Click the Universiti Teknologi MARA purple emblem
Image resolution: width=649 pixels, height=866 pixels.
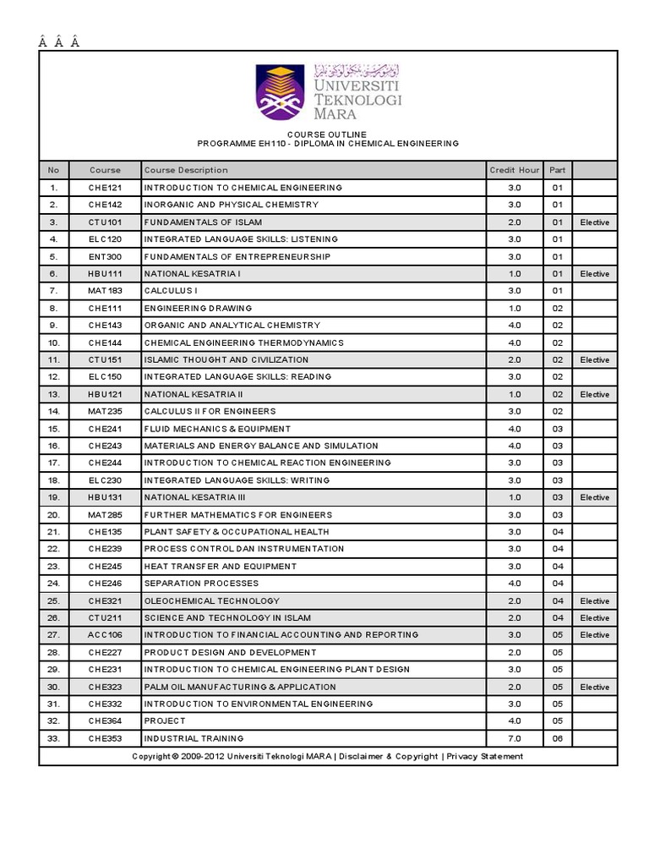tap(281, 92)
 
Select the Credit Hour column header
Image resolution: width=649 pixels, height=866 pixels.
tap(514, 170)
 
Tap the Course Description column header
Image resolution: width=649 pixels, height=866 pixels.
tap(186, 170)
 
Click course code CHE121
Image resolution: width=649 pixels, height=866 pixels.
tap(106, 188)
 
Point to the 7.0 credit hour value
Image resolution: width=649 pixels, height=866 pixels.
tap(514, 738)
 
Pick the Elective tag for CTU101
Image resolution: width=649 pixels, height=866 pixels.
tap(594, 222)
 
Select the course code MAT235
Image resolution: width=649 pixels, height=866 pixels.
tap(106, 411)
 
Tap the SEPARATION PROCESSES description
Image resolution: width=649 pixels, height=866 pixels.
tap(201, 584)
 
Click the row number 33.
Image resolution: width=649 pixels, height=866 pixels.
tap(53, 738)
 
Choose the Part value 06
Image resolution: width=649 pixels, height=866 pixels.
tap(558, 738)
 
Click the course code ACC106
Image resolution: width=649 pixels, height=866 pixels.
tap(106, 635)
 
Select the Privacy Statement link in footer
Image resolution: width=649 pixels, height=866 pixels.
tap(485, 756)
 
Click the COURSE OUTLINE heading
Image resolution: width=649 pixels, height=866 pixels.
tap(328, 134)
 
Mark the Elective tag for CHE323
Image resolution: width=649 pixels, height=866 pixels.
tap(594, 687)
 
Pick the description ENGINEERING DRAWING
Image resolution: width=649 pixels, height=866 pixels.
tap(198, 309)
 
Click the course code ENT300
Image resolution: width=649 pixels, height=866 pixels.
tap(106, 257)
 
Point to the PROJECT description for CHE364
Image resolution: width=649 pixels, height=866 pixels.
tap(165, 721)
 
